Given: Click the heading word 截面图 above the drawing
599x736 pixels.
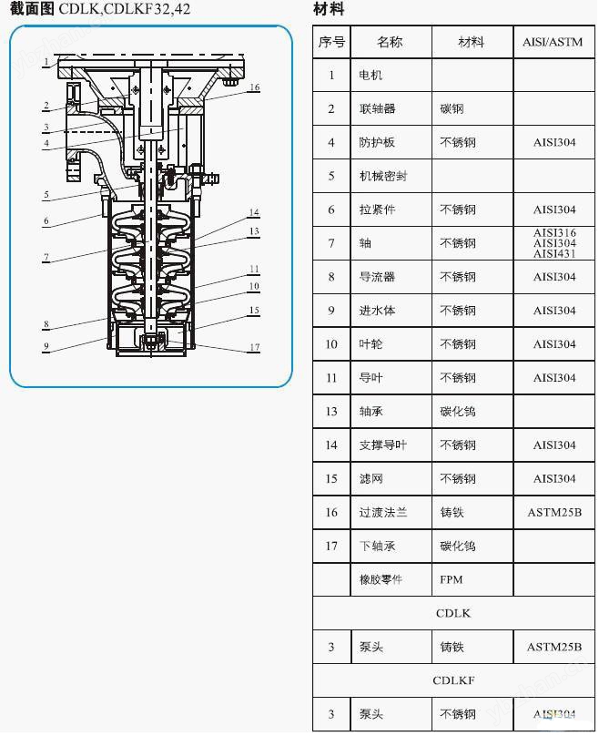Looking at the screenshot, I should (33, 9).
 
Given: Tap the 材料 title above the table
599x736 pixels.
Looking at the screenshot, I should (329, 9).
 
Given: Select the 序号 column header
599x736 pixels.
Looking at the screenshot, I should (331, 42).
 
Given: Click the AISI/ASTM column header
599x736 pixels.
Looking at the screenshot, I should (553, 42).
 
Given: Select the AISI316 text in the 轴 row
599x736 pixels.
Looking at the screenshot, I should (554, 233).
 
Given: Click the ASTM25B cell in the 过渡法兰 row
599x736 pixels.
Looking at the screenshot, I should (553, 513).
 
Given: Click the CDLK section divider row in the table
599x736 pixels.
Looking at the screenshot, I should (453, 614).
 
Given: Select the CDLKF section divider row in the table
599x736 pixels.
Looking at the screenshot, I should (453, 680).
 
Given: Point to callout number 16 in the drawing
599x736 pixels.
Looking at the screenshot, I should (254, 87).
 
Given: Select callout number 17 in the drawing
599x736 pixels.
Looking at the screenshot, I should (255, 347).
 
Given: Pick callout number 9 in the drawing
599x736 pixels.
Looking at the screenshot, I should (46, 346).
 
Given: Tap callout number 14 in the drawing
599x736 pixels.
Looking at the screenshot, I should (254, 212).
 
